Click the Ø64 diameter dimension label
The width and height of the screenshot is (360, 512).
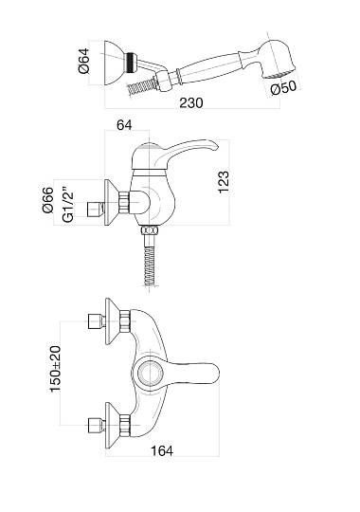click(83, 61)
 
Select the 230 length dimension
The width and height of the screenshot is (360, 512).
click(191, 102)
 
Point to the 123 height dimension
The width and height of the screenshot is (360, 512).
click(224, 182)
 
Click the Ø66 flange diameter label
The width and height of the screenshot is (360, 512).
click(47, 200)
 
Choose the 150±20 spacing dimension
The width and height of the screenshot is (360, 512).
click(55, 369)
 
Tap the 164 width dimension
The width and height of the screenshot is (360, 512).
click(162, 451)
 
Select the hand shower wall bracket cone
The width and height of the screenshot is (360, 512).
click(115, 63)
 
